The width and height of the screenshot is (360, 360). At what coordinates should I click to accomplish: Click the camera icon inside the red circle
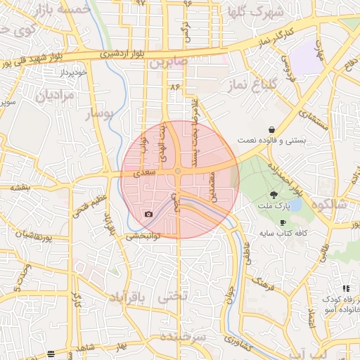click(148, 214)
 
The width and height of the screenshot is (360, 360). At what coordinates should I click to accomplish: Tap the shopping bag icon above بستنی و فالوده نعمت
click(271, 129)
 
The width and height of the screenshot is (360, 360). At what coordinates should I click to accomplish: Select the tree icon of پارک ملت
click(273, 195)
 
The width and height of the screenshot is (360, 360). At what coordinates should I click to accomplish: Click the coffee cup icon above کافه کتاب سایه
click(283, 222)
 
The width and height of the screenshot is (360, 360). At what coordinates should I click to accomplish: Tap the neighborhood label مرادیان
click(55, 96)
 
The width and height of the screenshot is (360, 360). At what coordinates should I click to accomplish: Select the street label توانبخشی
click(143, 236)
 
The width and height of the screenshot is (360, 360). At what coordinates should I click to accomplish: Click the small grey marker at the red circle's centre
click(179, 172)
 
